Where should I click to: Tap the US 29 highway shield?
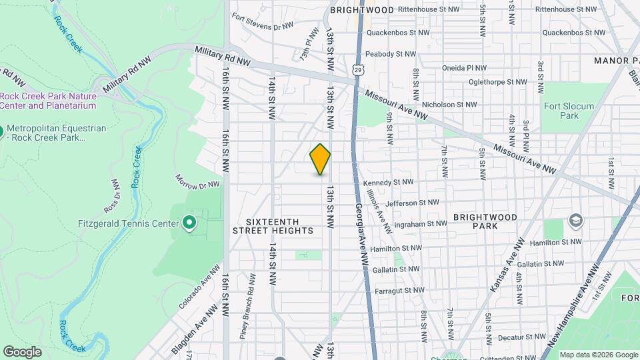click(x=358, y=69)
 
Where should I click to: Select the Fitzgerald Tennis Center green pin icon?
click(x=189, y=223)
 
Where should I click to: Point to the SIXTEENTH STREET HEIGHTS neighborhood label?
click(x=273, y=226)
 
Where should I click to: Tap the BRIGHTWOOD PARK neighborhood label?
click(x=485, y=221)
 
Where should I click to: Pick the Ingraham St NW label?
click(x=419, y=224)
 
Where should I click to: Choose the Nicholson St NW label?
click(x=449, y=105)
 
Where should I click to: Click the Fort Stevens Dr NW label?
click(x=263, y=27)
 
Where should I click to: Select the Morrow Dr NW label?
click(x=197, y=181)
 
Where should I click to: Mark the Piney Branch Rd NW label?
click(x=253, y=296)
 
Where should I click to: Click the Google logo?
click(x=22, y=352)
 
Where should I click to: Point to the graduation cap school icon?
click(x=575, y=221)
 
